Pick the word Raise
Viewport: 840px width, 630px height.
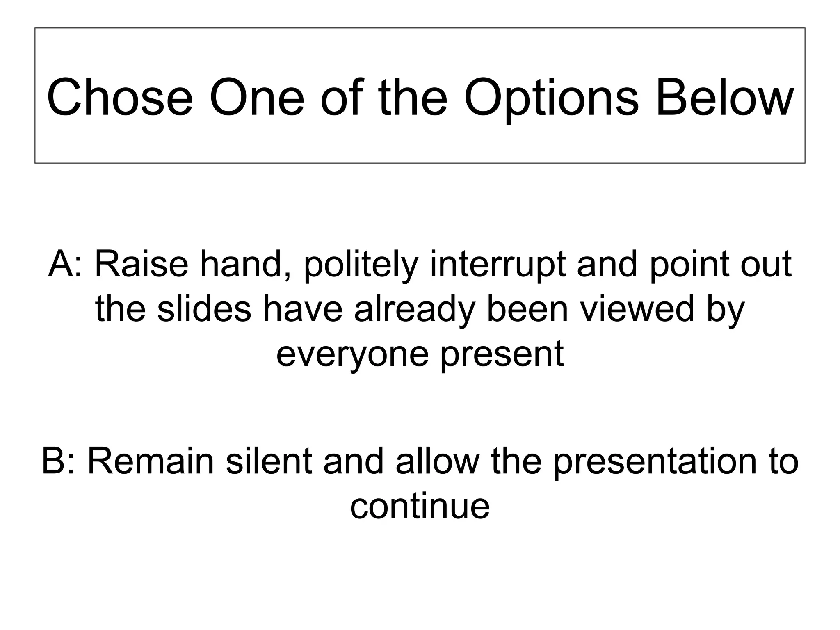[x=142, y=265]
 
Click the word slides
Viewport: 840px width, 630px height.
[x=204, y=309]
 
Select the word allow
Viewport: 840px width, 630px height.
[x=438, y=461]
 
